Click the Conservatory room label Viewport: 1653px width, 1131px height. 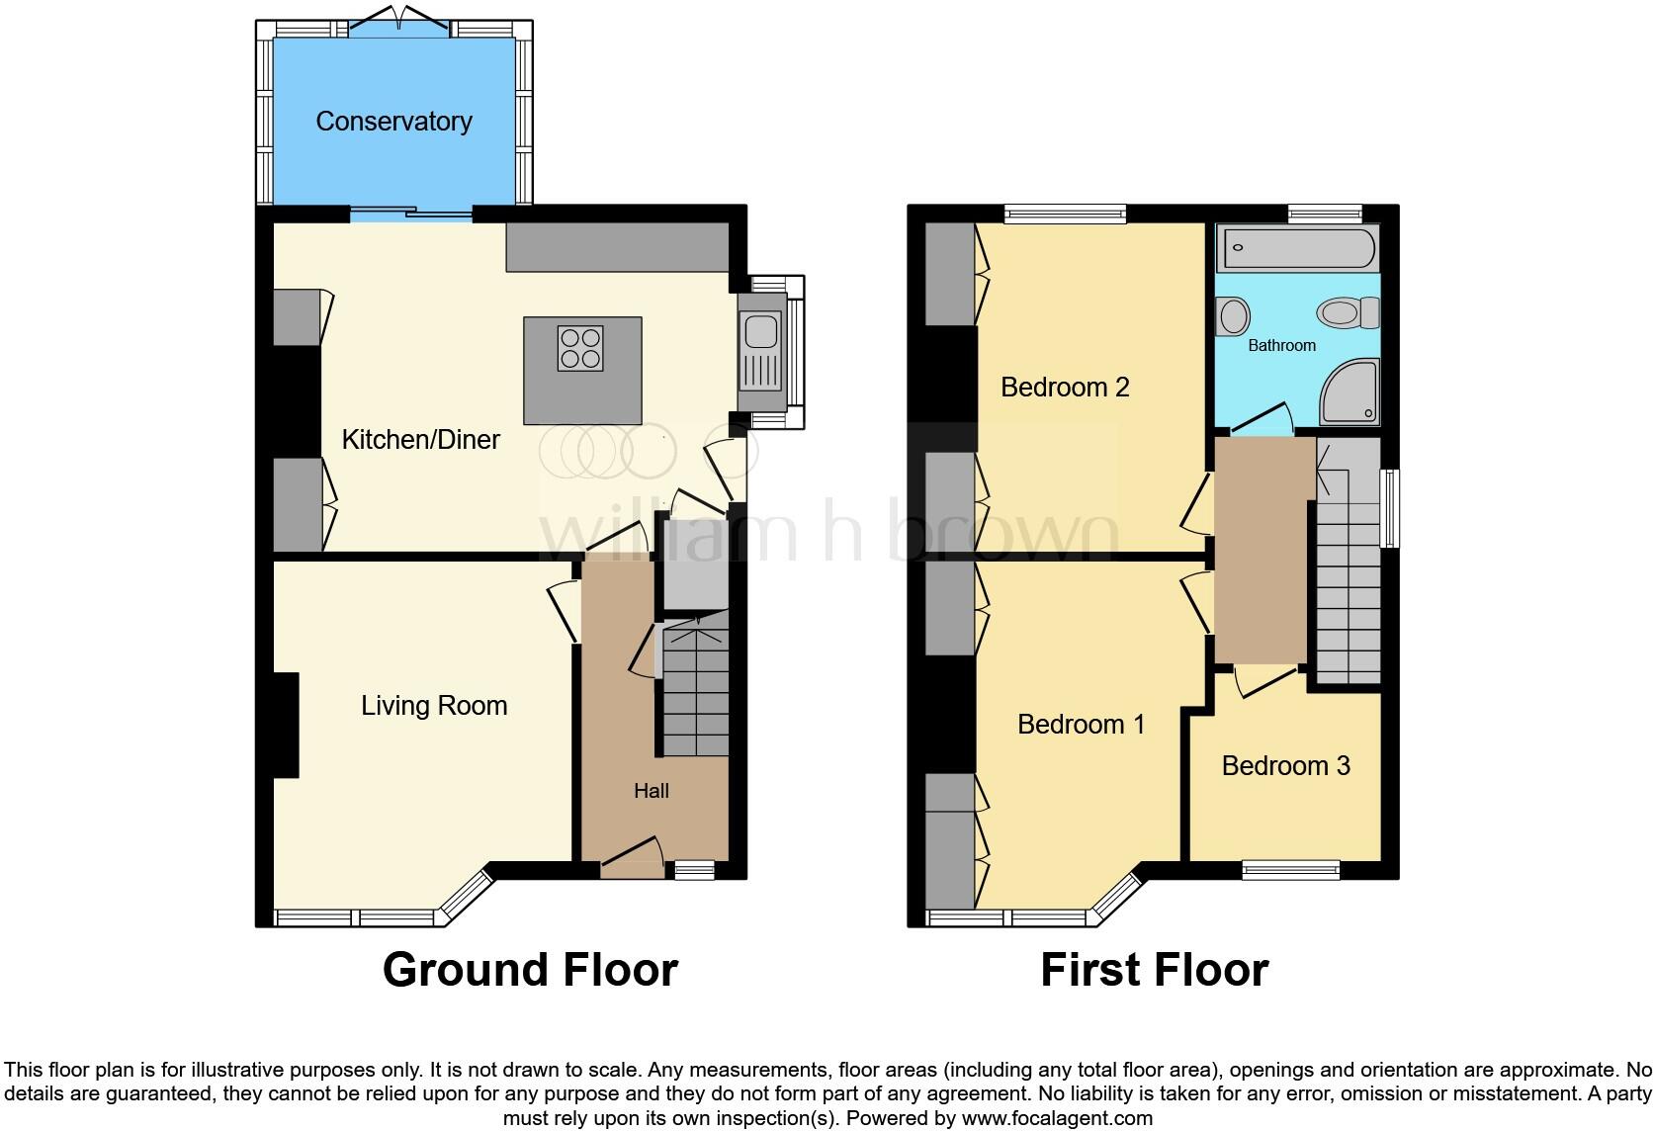(x=393, y=122)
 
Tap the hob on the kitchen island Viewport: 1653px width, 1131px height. (x=579, y=348)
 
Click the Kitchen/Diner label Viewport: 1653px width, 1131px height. (x=420, y=440)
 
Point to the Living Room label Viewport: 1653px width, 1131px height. (x=434, y=706)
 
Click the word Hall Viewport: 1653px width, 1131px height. (x=652, y=791)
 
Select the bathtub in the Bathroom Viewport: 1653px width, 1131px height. (x=1297, y=247)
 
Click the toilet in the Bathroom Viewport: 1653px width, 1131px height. (x=1347, y=313)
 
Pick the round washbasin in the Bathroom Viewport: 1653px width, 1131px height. (x=1233, y=317)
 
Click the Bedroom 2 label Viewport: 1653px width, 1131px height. (x=1065, y=387)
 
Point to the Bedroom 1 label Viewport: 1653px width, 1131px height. (x=1081, y=725)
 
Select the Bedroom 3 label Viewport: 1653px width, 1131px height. (x=1285, y=766)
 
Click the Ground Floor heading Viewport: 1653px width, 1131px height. (x=530, y=970)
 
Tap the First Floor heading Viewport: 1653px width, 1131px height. (x=1154, y=970)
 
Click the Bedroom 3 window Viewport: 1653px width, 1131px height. (x=1290, y=869)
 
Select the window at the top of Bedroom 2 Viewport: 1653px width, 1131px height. (x=1065, y=213)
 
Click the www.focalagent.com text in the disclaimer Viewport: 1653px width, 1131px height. (x=1057, y=1119)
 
